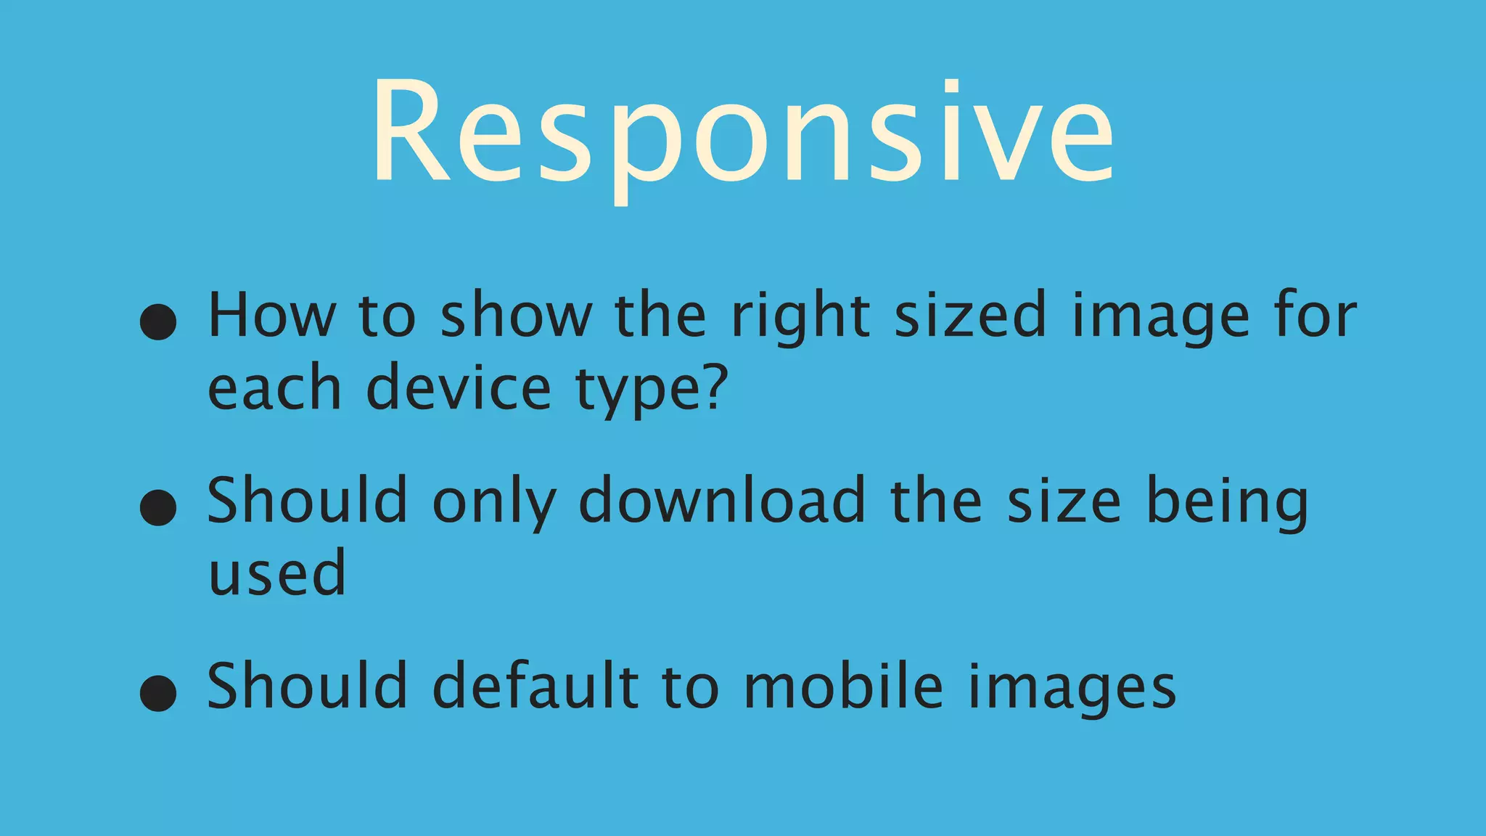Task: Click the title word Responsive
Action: pos(743,134)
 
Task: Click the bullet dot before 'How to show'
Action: pos(158,321)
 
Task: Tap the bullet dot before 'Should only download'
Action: pos(158,507)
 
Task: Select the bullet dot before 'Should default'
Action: pos(158,692)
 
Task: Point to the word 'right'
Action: pos(800,317)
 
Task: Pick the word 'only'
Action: pos(494,502)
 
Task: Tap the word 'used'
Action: pos(277,573)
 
